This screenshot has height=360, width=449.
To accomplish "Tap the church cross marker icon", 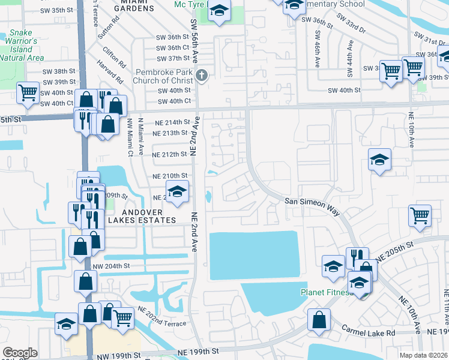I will (202, 76).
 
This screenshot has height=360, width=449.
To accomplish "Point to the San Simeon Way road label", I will (312, 204).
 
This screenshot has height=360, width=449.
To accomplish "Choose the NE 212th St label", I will (170, 155).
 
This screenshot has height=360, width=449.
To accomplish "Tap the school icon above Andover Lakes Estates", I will (176, 192).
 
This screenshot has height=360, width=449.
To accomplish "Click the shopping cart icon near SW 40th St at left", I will (28, 92).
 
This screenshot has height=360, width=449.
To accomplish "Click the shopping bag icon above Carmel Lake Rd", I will (318, 319).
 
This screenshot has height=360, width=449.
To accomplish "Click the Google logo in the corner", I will (19, 353).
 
